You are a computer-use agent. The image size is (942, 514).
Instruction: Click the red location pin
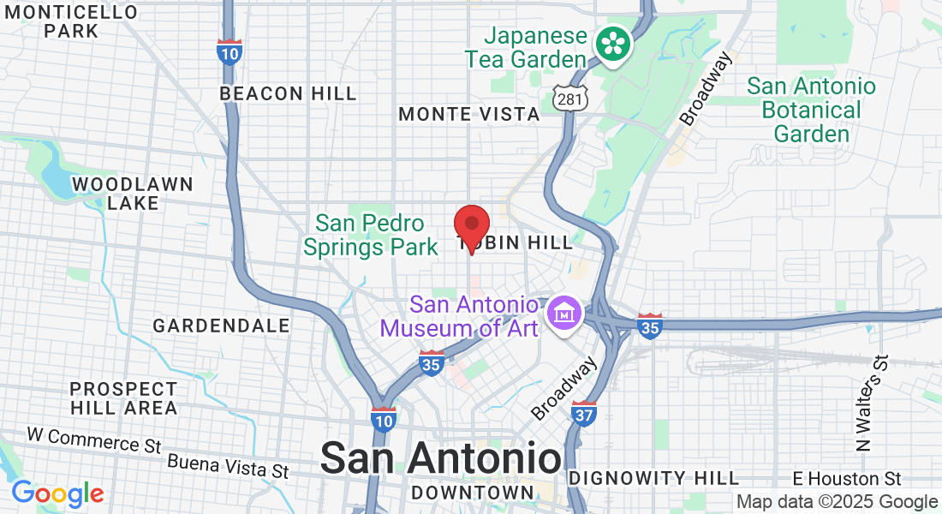click(471, 226)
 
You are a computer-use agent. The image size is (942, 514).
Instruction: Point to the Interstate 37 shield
click(584, 413)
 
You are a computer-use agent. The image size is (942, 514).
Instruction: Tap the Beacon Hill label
click(288, 93)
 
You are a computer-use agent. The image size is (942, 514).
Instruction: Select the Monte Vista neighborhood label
click(469, 114)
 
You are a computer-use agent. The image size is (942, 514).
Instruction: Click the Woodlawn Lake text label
click(133, 194)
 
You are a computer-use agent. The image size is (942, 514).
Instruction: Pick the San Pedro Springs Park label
click(371, 236)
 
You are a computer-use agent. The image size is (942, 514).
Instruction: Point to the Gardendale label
click(221, 326)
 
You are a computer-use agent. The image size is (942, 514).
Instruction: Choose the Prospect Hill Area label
click(124, 398)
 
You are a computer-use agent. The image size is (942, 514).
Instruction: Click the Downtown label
click(472, 493)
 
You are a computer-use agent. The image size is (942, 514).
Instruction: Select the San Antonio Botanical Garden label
click(811, 110)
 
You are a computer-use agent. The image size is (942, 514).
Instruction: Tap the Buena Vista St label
click(228, 467)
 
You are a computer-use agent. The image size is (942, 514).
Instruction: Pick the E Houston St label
click(847, 478)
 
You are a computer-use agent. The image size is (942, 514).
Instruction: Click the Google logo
click(57, 493)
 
